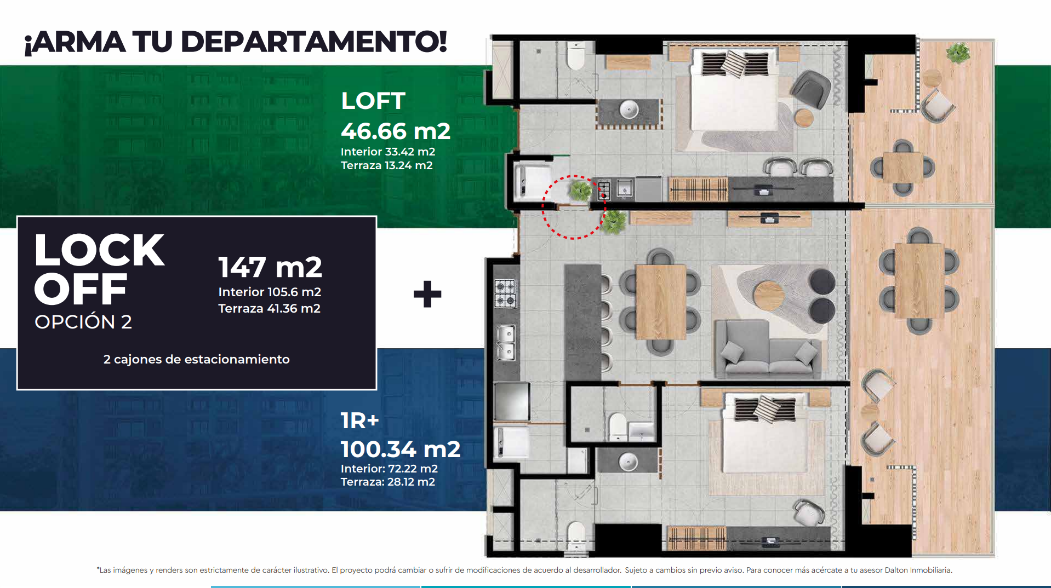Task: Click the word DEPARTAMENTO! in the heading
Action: click(x=313, y=42)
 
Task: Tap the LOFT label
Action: click(x=373, y=101)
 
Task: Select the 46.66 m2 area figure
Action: click(x=396, y=131)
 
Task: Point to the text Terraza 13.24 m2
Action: click(x=387, y=165)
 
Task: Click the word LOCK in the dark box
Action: click(x=99, y=250)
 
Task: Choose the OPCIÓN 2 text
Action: click(x=83, y=321)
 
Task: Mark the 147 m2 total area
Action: click(x=270, y=267)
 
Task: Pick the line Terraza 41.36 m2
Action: click(x=270, y=308)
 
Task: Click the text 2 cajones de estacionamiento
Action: click(x=196, y=359)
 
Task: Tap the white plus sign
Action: click(x=427, y=295)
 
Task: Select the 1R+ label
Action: click(x=360, y=420)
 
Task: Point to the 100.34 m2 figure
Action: click(x=401, y=449)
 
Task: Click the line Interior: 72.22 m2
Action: click(x=389, y=469)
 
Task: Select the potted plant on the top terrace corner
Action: click(x=957, y=53)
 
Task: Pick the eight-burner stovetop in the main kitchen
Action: click(x=505, y=293)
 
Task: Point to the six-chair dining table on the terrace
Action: click(x=919, y=280)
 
